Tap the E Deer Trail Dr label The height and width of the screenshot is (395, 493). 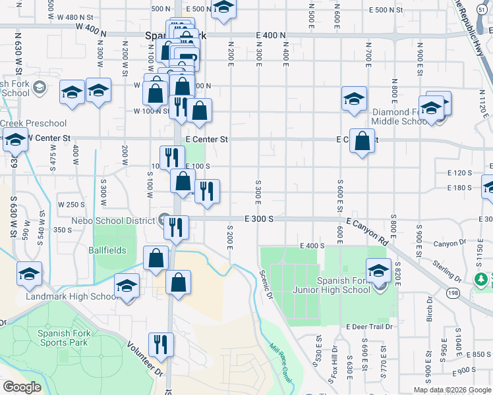368,327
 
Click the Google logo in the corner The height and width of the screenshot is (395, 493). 22,387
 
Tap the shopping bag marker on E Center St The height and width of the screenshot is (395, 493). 362,141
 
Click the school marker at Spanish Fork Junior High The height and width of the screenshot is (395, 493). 378,271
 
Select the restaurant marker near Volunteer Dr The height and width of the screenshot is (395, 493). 161,344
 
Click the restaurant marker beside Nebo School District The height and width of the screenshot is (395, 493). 176,228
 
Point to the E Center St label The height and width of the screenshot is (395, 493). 206,140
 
